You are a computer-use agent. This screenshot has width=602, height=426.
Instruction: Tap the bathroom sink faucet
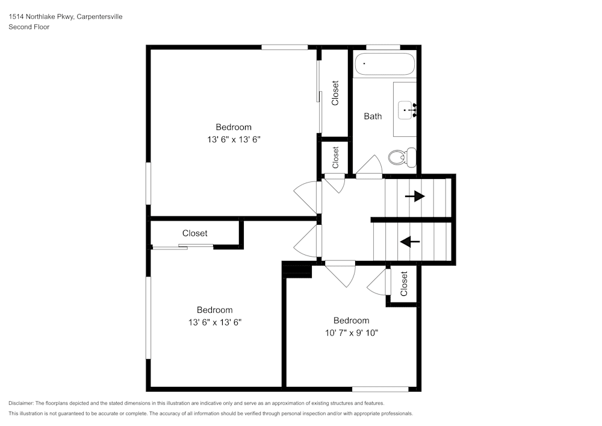point(412,109)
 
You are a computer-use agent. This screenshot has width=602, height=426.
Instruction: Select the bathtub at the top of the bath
point(384,64)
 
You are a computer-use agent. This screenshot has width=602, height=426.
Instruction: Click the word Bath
point(373,116)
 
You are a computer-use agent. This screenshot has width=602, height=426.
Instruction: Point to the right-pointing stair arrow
point(414,196)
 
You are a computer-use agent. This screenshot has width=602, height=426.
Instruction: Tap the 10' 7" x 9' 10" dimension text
point(351,333)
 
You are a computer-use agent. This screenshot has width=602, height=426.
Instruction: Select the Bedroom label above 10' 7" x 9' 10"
point(352,321)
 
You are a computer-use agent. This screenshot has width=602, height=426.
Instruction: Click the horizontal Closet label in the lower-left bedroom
point(194,233)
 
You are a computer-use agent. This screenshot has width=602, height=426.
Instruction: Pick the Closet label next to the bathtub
point(335,93)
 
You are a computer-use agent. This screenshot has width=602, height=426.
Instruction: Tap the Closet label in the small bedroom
point(404,283)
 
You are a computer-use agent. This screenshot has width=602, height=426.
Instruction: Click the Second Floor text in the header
point(29,27)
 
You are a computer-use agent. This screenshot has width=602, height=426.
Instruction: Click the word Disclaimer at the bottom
point(21,403)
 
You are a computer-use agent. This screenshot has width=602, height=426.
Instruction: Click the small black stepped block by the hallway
point(297,271)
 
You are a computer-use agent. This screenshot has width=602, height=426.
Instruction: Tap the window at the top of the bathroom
point(383,47)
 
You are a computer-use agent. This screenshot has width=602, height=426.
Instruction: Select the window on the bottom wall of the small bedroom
point(380,389)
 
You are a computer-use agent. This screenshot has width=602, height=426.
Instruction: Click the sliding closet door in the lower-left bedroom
point(183,246)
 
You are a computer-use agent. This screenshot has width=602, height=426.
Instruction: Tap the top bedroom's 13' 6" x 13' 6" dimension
point(234,139)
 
